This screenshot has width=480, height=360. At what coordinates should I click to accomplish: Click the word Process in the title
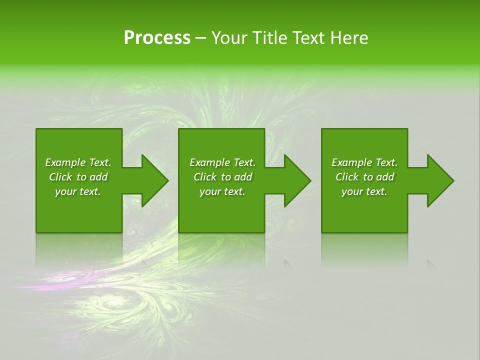(157, 38)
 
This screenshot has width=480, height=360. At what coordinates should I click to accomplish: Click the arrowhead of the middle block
(297, 180)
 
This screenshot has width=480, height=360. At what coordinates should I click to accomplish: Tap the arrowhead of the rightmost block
(439, 180)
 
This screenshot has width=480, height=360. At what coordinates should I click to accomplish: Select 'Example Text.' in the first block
(78, 162)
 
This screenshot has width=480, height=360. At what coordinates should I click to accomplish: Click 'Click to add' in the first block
(78, 177)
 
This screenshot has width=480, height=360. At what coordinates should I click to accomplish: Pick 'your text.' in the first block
(78, 191)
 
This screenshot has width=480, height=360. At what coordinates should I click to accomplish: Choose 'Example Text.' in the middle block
(222, 162)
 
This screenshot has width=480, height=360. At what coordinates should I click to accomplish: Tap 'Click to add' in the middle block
(222, 177)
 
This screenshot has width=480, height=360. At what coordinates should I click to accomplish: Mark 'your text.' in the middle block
(222, 191)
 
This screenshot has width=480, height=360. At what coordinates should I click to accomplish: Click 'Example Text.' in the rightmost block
(364, 162)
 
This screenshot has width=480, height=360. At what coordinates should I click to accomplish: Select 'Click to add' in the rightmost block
(364, 177)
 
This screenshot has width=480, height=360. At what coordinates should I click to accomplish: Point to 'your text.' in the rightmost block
(364, 191)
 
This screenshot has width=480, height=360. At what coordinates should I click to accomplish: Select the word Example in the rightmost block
(352, 162)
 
